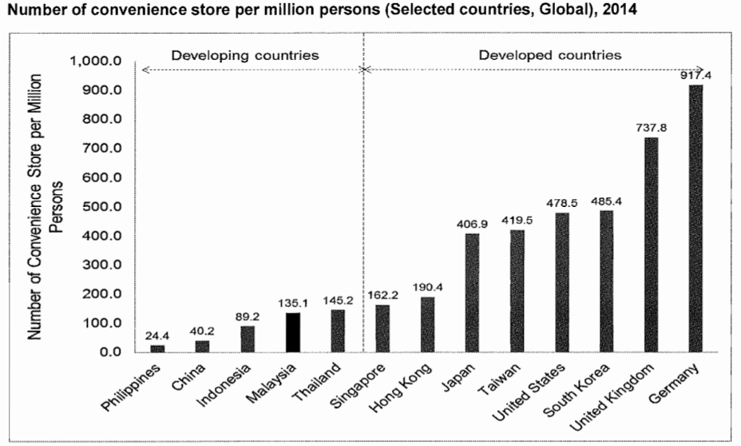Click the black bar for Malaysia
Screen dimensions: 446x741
coord(292,332)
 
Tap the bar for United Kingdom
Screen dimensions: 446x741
coord(651,244)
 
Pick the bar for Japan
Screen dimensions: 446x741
coord(471,292)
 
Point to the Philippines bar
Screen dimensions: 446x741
coord(158,348)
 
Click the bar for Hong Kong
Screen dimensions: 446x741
coord(426,324)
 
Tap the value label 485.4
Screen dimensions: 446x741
coord(606,201)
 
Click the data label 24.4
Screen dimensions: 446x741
coord(158,336)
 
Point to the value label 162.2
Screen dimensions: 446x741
coord(382,295)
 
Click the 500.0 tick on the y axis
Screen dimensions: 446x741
coord(103,207)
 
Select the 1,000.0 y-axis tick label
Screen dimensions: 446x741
coord(97,62)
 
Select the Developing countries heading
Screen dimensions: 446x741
coord(245,55)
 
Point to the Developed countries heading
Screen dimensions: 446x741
coord(549,55)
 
